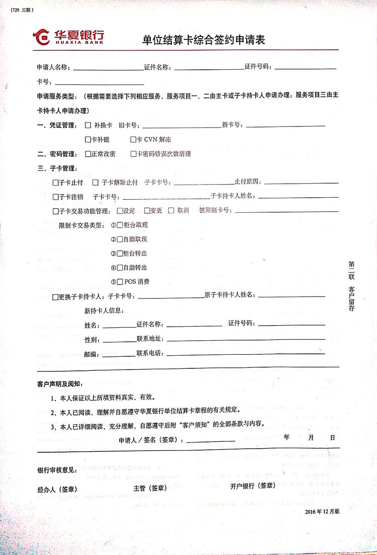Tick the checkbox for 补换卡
tap(88, 125)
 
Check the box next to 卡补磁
tap(87, 140)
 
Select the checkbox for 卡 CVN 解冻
tap(133, 140)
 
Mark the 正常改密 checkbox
tap(88, 154)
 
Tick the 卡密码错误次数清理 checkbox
tap(133, 154)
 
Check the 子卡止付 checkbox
tap(55, 182)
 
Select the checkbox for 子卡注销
tap(55, 196)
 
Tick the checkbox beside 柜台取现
tap(120, 225)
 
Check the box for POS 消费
tap(120, 282)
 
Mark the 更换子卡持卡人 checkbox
tap(55, 297)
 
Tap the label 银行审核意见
tap(57, 470)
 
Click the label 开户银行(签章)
tap(252, 486)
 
